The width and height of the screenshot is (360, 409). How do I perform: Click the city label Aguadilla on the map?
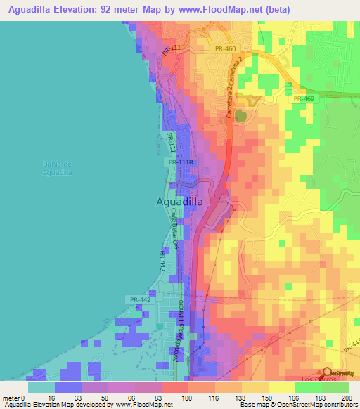click(x=179, y=202)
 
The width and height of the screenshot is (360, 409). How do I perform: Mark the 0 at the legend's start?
click(x=22, y=398)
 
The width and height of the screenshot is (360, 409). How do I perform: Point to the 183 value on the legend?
click(x=321, y=398)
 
